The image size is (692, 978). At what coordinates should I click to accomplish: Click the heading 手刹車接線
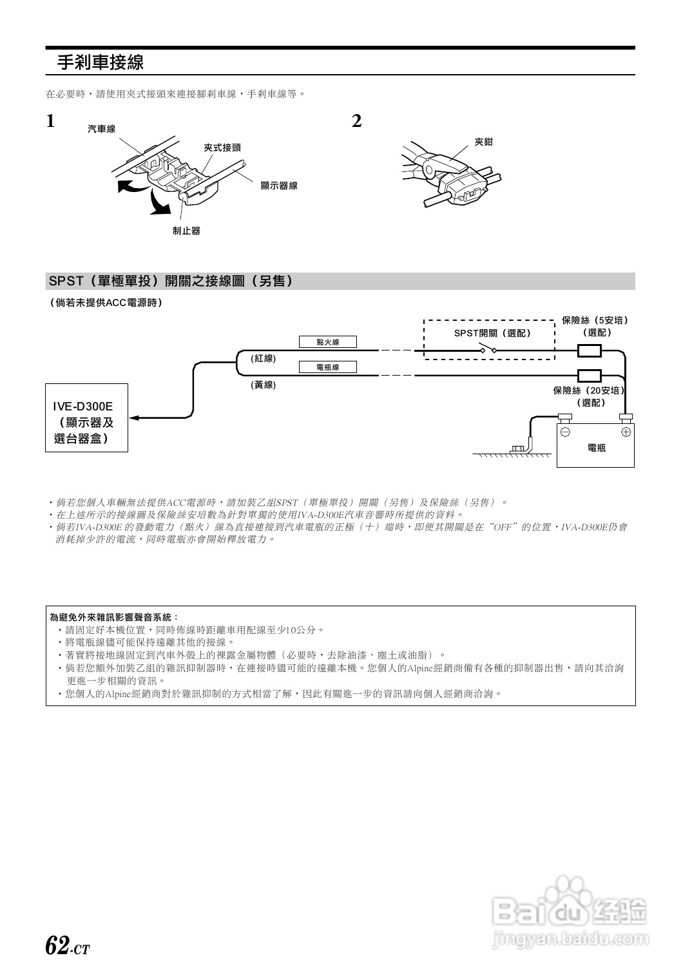pyautogui.click(x=100, y=62)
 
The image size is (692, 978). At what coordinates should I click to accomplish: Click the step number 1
pyautogui.click(x=50, y=121)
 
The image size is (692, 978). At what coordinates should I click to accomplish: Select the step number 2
pyautogui.click(x=356, y=121)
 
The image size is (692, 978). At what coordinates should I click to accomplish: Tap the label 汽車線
pyautogui.click(x=102, y=129)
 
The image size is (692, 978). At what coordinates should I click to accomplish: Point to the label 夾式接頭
pyautogui.click(x=222, y=148)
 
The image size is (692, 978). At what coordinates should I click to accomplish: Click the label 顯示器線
pyautogui.click(x=278, y=186)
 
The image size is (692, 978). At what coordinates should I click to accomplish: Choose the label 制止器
pyautogui.click(x=186, y=231)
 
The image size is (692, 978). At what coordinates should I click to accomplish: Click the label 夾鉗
pyautogui.click(x=483, y=142)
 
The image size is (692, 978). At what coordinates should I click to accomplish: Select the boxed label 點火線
pyautogui.click(x=327, y=342)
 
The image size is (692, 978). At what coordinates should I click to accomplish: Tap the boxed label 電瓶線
pyautogui.click(x=327, y=367)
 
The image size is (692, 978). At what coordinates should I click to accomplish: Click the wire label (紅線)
pyautogui.click(x=263, y=358)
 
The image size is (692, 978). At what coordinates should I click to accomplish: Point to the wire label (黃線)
pyautogui.click(x=263, y=385)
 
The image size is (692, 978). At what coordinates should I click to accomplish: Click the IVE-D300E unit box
pyautogui.click(x=86, y=417)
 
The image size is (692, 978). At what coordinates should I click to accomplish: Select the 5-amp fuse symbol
pyautogui.click(x=589, y=350)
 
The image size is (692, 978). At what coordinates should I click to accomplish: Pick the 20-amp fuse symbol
pyautogui.click(x=589, y=375)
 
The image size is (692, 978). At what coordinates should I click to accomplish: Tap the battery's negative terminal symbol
pyautogui.click(x=565, y=432)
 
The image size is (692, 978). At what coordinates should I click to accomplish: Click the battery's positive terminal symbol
pyautogui.click(x=625, y=432)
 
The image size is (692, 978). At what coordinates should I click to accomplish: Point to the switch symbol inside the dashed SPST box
pyautogui.click(x=488, y=350)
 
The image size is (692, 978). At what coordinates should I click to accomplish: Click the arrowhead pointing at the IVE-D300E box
pyautogui.click(x=134, y=418)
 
